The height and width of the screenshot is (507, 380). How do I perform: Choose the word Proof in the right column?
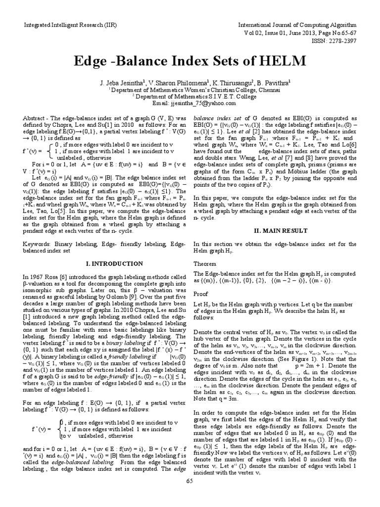pyautogui.click(x=200, y=293)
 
